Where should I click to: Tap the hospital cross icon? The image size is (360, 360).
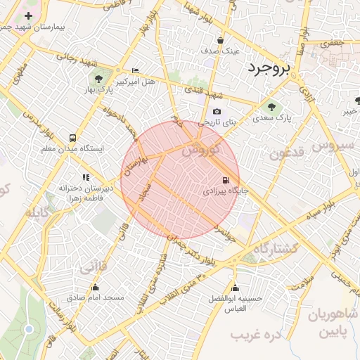28,15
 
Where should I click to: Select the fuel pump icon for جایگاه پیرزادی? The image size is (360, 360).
225,179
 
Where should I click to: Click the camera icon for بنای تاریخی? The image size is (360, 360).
217,112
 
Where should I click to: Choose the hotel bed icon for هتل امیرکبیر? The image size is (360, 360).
135,71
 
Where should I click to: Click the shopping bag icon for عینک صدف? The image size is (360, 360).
221,41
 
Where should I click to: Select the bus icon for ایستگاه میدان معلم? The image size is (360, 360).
73,139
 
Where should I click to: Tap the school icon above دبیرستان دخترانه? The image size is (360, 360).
85,177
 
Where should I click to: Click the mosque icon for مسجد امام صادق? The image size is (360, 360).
96,287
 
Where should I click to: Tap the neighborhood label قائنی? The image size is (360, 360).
94,267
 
